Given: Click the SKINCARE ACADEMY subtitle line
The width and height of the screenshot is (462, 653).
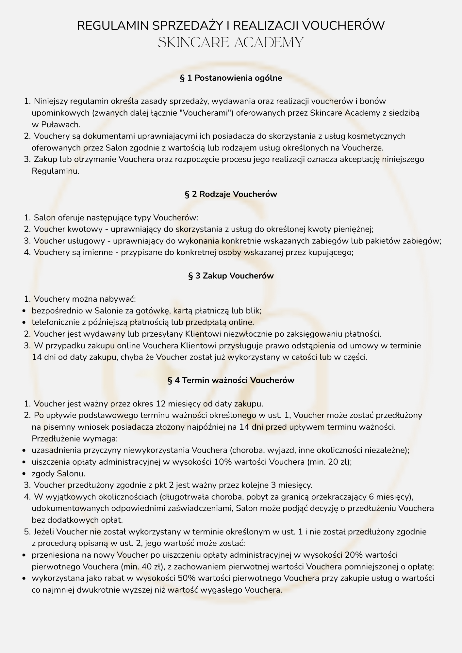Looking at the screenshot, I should (x=231, y=43).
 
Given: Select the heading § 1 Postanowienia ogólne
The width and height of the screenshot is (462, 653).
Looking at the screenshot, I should (x=231, y=78).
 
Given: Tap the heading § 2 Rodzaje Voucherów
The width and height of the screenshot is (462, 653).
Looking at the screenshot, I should (x=231, y=194).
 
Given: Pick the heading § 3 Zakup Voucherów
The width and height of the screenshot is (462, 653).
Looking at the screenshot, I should (x=231, y=276).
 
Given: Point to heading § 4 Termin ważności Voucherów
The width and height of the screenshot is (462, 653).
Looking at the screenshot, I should (x=231, y=380).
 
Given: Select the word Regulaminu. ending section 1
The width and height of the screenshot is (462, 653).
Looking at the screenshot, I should (x=56, y=171).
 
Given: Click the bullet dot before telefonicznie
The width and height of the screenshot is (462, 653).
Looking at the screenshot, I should (x=24, y=323).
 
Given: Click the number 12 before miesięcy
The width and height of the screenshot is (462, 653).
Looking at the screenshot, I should (x=161, y=404).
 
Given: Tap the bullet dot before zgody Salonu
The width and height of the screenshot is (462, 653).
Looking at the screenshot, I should (x=24, y=474).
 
